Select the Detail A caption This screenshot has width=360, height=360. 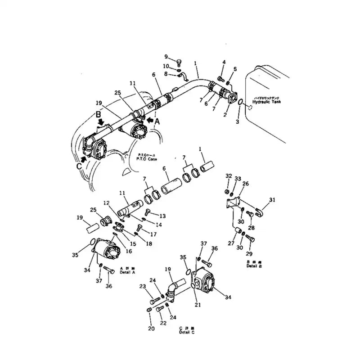click(127, 272)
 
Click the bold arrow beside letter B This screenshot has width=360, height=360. click(103, 122)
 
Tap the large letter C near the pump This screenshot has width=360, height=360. click(79, 166)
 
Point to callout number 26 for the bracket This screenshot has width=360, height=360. click(245, 183)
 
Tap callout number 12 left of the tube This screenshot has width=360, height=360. click(106, 203)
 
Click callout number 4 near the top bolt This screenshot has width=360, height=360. click(224, 62)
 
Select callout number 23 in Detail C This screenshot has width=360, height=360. click(142, 287)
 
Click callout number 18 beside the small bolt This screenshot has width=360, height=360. click(148, 243)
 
